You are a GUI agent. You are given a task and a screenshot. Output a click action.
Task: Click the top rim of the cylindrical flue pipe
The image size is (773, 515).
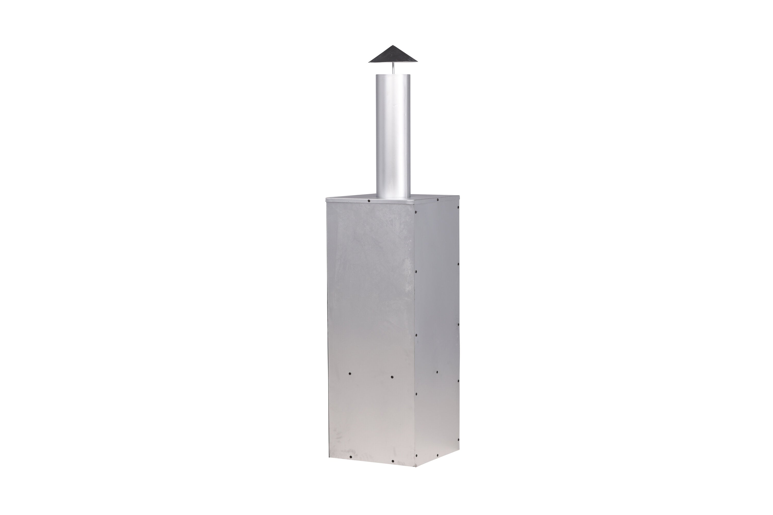coord(393,75)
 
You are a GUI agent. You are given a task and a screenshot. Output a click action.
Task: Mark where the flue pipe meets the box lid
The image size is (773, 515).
coord(393,197)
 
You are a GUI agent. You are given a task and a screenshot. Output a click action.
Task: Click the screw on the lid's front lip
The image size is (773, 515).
coord(369,201)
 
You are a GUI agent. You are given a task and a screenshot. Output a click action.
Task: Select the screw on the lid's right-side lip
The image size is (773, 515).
coord(438,199)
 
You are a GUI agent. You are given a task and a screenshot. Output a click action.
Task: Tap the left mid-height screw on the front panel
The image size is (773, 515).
coord(349,373)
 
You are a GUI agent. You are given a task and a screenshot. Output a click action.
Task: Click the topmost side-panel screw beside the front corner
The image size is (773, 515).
coord(416,212)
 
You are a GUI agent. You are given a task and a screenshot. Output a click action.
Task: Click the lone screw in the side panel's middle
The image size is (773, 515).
coord(437,372)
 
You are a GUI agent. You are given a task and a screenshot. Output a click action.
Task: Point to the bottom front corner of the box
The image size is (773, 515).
coord(416,466)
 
